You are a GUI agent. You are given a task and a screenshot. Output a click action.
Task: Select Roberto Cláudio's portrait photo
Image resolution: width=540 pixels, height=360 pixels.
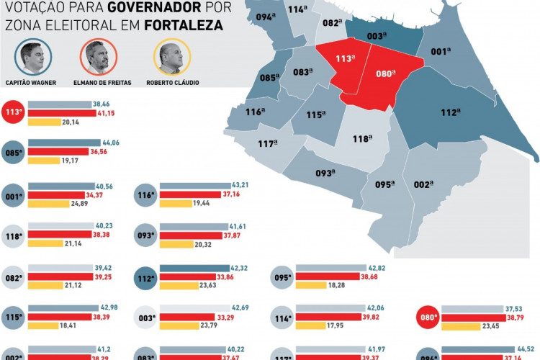click(171, 58)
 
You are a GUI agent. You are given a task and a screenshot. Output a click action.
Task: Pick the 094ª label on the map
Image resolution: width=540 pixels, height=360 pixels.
click(266, 17)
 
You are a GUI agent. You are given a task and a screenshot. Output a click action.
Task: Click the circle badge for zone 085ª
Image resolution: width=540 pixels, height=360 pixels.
click(12, 153)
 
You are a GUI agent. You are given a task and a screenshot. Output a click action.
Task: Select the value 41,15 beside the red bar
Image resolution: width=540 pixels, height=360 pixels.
click(107, 114)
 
